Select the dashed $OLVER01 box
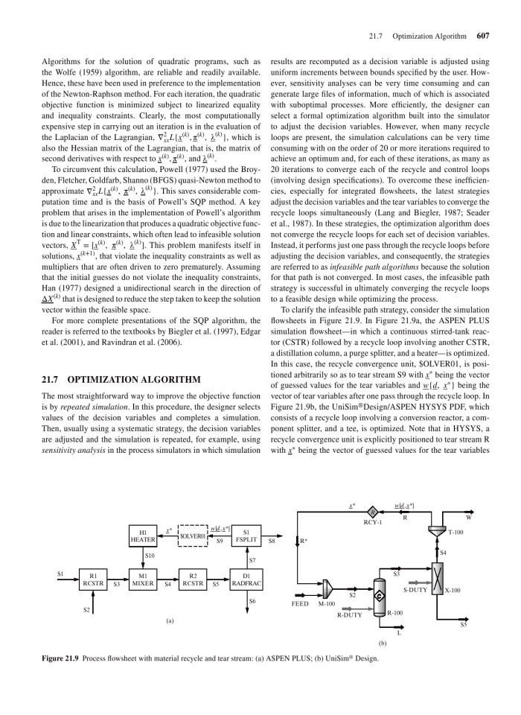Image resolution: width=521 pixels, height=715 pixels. tap(193, 535)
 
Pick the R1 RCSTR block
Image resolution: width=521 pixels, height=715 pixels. tap(93, 580)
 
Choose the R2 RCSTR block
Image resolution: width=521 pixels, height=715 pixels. tap(193, 580)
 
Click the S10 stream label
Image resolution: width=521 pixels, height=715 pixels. tap(150, 556)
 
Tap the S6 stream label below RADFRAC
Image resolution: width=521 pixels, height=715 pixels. tap(252, 601)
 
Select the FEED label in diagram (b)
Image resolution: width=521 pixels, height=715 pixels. tap(299, 604)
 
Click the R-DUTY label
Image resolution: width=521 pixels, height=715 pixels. tap(349, 615)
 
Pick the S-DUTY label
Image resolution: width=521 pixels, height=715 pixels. tap(415, 589)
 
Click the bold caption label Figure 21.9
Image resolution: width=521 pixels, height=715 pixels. tap(51, 658)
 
